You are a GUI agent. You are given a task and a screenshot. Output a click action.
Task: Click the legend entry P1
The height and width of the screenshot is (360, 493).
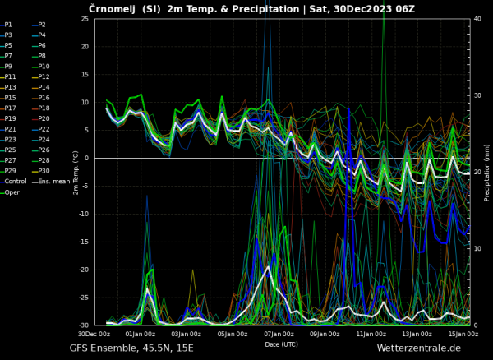pyautogui.click(x=8, y=25)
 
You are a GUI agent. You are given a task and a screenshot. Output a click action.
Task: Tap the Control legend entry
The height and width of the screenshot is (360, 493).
pyautogui.click(x=14, y=182)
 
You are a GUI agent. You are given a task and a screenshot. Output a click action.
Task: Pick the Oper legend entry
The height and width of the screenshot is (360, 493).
pyautogui.click(x=11, y=192)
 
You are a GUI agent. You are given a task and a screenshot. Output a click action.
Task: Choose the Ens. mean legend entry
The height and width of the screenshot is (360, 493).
pyautogui.click(x=53, y=182)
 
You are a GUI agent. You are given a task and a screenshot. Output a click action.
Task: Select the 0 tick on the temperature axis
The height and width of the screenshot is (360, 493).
pyautogui.click(x=87, y=158)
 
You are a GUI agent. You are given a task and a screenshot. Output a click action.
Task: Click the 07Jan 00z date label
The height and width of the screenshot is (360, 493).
pyautogui.click(x=279, y=334)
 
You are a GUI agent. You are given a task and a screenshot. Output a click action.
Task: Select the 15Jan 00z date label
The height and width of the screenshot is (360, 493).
pyautogui.click(x=464, y=334)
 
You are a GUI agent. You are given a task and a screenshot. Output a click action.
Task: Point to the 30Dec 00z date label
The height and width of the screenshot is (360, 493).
pyautogui.click(x=94, y=334)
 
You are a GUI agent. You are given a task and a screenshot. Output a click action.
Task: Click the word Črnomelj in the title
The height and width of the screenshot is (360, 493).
pyautogui.click(x=113, y=8)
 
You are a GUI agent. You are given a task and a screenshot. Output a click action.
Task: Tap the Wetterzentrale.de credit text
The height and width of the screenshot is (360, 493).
pyautogui.click(x=418, y=348)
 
